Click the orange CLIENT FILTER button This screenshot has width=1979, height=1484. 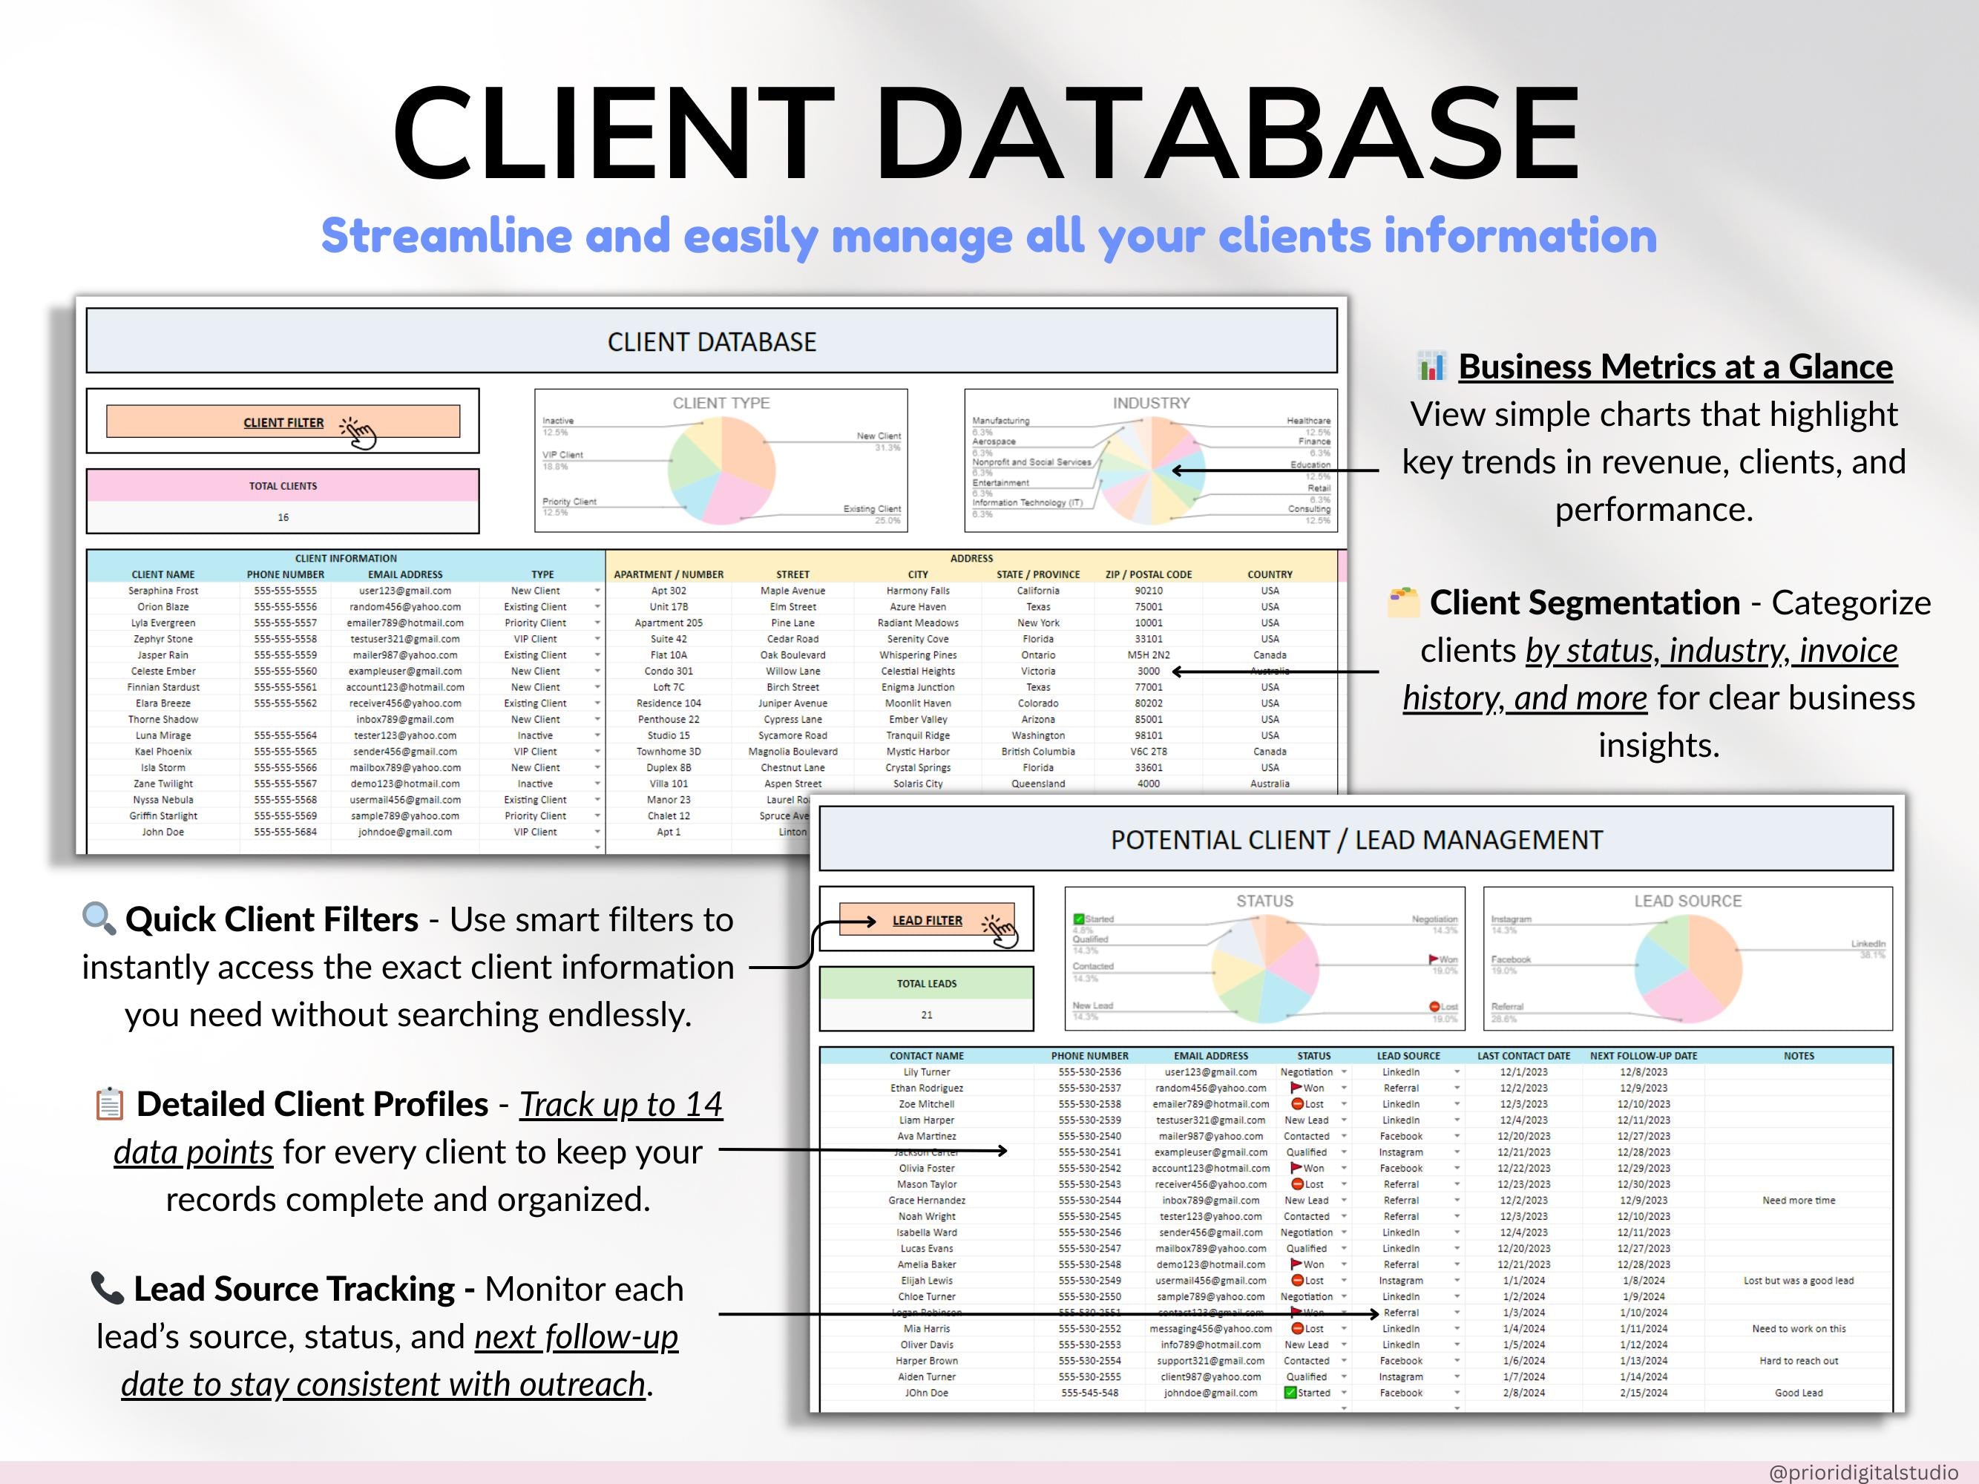pos(283,422)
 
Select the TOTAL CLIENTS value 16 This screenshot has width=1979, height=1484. pos(283,517)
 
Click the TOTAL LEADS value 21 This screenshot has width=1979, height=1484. pos(927,1015)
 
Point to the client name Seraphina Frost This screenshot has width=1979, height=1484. pos(163,591)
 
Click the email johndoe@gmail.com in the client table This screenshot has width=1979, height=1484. pos(404,833)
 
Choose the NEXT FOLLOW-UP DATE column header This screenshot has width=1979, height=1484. pos(1644,1057)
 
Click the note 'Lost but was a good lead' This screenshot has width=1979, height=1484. pos(1798,1281)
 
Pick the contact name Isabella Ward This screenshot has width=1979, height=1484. pos(927,1232)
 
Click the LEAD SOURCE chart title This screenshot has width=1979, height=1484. pos(1687,902)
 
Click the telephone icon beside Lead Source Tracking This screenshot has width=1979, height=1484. pos(108,1288)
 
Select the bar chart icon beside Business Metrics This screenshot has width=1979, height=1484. pos(1431,366)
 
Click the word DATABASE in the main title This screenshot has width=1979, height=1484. pos(1234,134)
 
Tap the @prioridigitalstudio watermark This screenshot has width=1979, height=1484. pos(1863,1472)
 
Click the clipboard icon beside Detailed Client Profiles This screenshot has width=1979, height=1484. pos(109,1104)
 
